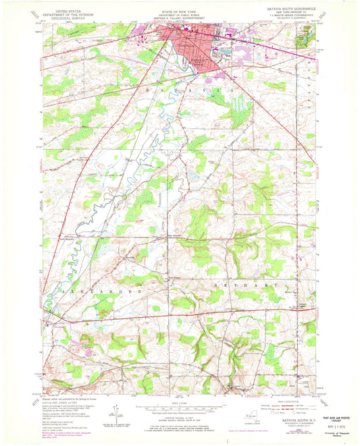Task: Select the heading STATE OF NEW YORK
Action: point(179,9)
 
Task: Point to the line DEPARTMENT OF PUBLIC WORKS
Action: point(179,13)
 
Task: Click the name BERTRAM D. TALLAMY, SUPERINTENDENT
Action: point(179,18)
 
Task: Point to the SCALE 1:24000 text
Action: point(179,400)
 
